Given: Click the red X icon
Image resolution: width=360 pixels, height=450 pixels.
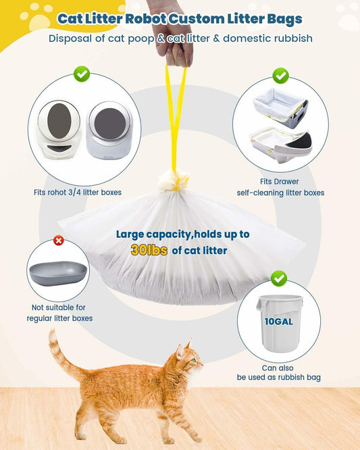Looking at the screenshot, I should pos(59,241).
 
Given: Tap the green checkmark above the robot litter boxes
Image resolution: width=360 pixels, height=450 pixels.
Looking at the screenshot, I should pos(82,73).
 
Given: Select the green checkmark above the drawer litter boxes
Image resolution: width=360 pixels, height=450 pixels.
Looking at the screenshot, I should pos(280,75).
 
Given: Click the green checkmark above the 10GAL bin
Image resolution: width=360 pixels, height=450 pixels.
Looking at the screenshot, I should pos(278,278).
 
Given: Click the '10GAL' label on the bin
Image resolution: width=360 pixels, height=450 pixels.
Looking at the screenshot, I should pos(278,321).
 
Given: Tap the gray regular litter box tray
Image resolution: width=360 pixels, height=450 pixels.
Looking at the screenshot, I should pos(58,272).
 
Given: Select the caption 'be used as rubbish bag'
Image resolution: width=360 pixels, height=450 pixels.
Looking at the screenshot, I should pos(278,377).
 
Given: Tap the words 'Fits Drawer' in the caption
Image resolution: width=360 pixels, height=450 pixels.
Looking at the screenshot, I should pos(280,181).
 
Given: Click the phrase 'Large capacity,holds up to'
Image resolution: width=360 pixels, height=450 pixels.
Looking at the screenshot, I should pos(182,234).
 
